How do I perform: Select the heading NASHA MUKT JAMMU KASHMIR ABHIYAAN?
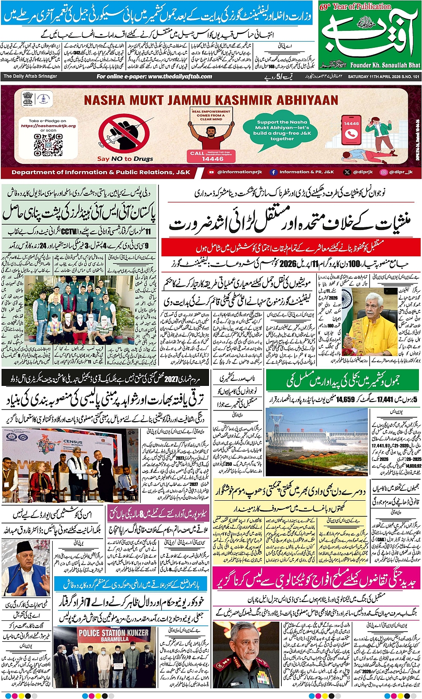(211, 100)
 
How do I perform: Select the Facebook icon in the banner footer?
(273, 172)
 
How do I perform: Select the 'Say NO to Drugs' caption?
(125, 159)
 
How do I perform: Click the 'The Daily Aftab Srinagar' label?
(30, 76)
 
